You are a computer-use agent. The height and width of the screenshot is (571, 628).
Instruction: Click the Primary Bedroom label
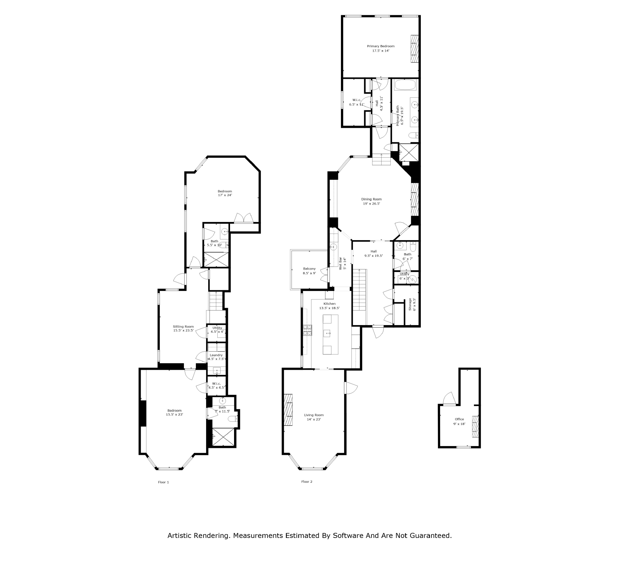point(381,48)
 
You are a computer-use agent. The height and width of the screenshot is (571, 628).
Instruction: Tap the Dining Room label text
point(371,201)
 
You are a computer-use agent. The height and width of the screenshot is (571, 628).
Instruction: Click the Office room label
point(459,421)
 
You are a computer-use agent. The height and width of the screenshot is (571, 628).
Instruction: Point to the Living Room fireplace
point(289,409)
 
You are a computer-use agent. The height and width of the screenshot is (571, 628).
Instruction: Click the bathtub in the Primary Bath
point(405,85)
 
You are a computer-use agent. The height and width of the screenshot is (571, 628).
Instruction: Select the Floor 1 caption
point(163,482)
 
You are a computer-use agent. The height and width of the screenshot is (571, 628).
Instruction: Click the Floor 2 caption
point(307,482)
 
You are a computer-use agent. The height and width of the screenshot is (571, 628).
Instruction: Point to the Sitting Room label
point(183,328)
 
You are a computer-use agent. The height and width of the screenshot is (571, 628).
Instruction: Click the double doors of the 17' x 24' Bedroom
point(243,218)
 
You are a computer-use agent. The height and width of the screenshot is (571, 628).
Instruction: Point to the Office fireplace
point(475,426)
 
